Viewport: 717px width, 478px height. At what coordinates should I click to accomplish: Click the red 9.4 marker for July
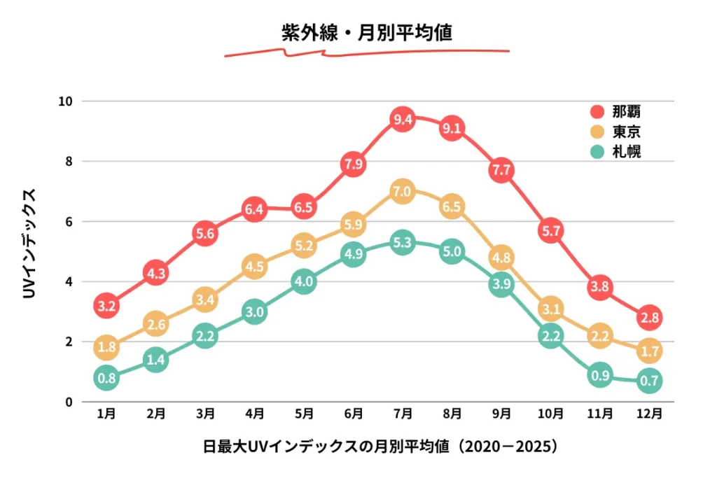(x=403, y=119)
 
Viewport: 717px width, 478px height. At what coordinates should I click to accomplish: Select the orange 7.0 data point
(x=403, y=191)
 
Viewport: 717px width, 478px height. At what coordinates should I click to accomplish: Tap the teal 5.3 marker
(x=403, y=243)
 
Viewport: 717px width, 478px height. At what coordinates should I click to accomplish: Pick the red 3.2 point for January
(x=106, y=306)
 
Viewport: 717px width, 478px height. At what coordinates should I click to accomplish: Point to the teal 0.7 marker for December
(x=649, y=381)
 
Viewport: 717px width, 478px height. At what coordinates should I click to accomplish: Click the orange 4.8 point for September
(x=501, y=258)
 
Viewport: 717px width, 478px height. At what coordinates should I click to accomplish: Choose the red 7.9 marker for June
(x=354, y=164)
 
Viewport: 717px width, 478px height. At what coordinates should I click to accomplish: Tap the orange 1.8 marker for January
(x=106, y=346)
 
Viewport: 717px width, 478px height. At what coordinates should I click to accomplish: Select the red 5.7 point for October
(x=550, y=230)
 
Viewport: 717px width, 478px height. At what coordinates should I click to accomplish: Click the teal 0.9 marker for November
(x=600, y=374)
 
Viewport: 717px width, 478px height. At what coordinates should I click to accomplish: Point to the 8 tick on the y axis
(x=69, y=161)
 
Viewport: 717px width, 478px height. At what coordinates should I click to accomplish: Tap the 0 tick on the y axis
(x=69, y=402)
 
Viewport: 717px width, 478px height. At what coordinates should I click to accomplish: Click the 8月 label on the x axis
(x=452, y=414)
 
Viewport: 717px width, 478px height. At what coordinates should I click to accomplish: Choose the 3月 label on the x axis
(x=205, y=414)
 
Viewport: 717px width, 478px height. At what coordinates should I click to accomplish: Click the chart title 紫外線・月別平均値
(x=366, y=34)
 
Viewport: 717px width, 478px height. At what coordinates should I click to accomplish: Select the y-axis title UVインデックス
(x=29, y=241)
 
